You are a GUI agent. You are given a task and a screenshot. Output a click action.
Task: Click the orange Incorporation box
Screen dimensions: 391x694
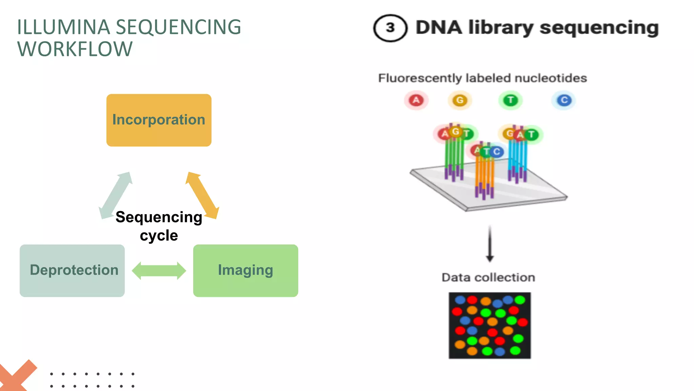click(159, 120)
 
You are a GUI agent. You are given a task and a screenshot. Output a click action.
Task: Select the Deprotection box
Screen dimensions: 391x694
click(72, 271)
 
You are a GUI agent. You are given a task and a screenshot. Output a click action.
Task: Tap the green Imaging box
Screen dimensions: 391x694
click(245, 271)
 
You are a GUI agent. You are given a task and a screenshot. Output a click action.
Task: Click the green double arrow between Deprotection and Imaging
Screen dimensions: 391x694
click(159, 271)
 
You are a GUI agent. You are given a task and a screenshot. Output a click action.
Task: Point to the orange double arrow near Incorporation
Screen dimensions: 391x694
click(202, 195)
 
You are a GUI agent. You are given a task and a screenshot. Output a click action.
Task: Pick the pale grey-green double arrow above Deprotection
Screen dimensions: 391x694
click(116, 195)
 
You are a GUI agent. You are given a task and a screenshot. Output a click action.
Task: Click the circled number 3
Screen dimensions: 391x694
click(390, 28)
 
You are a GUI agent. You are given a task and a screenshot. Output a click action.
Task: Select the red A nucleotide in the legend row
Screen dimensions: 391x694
click(416, 100)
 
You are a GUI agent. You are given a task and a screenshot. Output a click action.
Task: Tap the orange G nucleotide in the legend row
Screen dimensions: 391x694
click(460, 100)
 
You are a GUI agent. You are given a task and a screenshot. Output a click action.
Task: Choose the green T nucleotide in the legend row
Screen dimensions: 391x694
click(511, 100)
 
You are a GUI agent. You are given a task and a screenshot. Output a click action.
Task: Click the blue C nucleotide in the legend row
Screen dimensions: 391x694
click(564, 100)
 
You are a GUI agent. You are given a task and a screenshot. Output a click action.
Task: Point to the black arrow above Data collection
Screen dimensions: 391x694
click(490, 244)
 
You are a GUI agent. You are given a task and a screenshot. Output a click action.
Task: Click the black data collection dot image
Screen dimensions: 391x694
click(490, 325)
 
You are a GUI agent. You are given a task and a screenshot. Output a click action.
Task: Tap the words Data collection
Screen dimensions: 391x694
click(488, 278)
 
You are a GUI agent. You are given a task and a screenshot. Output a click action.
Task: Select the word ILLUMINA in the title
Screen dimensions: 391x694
click(63, 27)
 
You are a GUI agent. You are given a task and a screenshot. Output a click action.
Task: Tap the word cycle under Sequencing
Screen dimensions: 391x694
click(159, 236)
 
